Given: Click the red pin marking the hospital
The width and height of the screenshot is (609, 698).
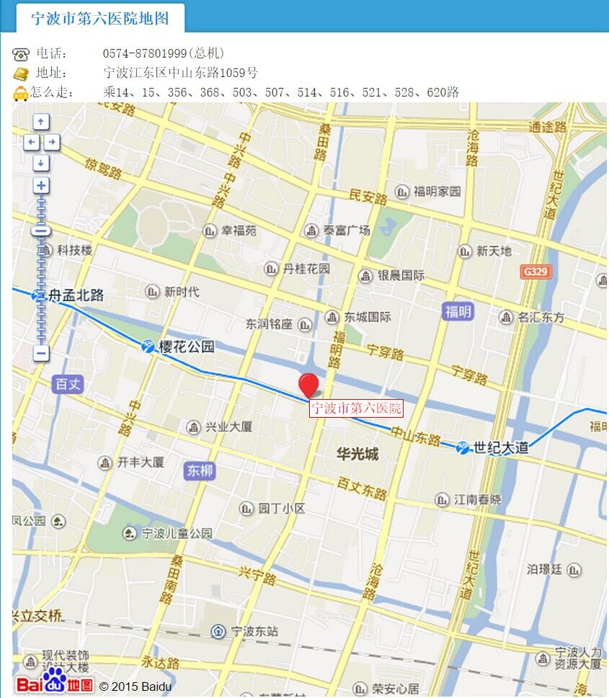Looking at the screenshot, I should (309, 384).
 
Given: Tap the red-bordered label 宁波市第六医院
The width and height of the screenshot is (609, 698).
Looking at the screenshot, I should (356, 408).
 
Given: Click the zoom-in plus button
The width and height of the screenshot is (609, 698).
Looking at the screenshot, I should (41, 186).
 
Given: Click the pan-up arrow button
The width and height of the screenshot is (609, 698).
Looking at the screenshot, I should (41, 122).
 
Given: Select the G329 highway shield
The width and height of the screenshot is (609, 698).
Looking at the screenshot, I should (535, 272).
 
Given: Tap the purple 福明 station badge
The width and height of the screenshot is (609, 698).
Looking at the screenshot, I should (458, 311).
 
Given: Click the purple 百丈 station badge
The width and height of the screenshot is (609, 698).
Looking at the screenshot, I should (68, 384).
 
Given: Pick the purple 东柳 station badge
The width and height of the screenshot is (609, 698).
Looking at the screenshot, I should (200, 470).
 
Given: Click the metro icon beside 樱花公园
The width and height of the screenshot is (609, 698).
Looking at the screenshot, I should (148, 346).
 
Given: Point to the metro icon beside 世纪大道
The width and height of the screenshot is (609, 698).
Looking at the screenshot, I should (463, 447).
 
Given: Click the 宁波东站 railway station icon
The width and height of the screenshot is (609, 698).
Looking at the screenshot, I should (218, 632).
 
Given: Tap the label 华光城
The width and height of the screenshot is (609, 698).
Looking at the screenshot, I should (357, 455).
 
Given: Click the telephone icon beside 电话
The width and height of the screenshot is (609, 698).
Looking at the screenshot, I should (21, 54).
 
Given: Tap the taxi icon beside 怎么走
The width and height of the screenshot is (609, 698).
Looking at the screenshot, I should (21, 93).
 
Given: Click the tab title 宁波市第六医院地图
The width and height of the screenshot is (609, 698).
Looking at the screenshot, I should (100, 18).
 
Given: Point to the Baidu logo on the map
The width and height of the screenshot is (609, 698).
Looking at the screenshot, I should (55, 682).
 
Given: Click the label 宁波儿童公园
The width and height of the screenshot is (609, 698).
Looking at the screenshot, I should (177, 534).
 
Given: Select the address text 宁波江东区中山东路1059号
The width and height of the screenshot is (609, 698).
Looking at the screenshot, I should (181, 73).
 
